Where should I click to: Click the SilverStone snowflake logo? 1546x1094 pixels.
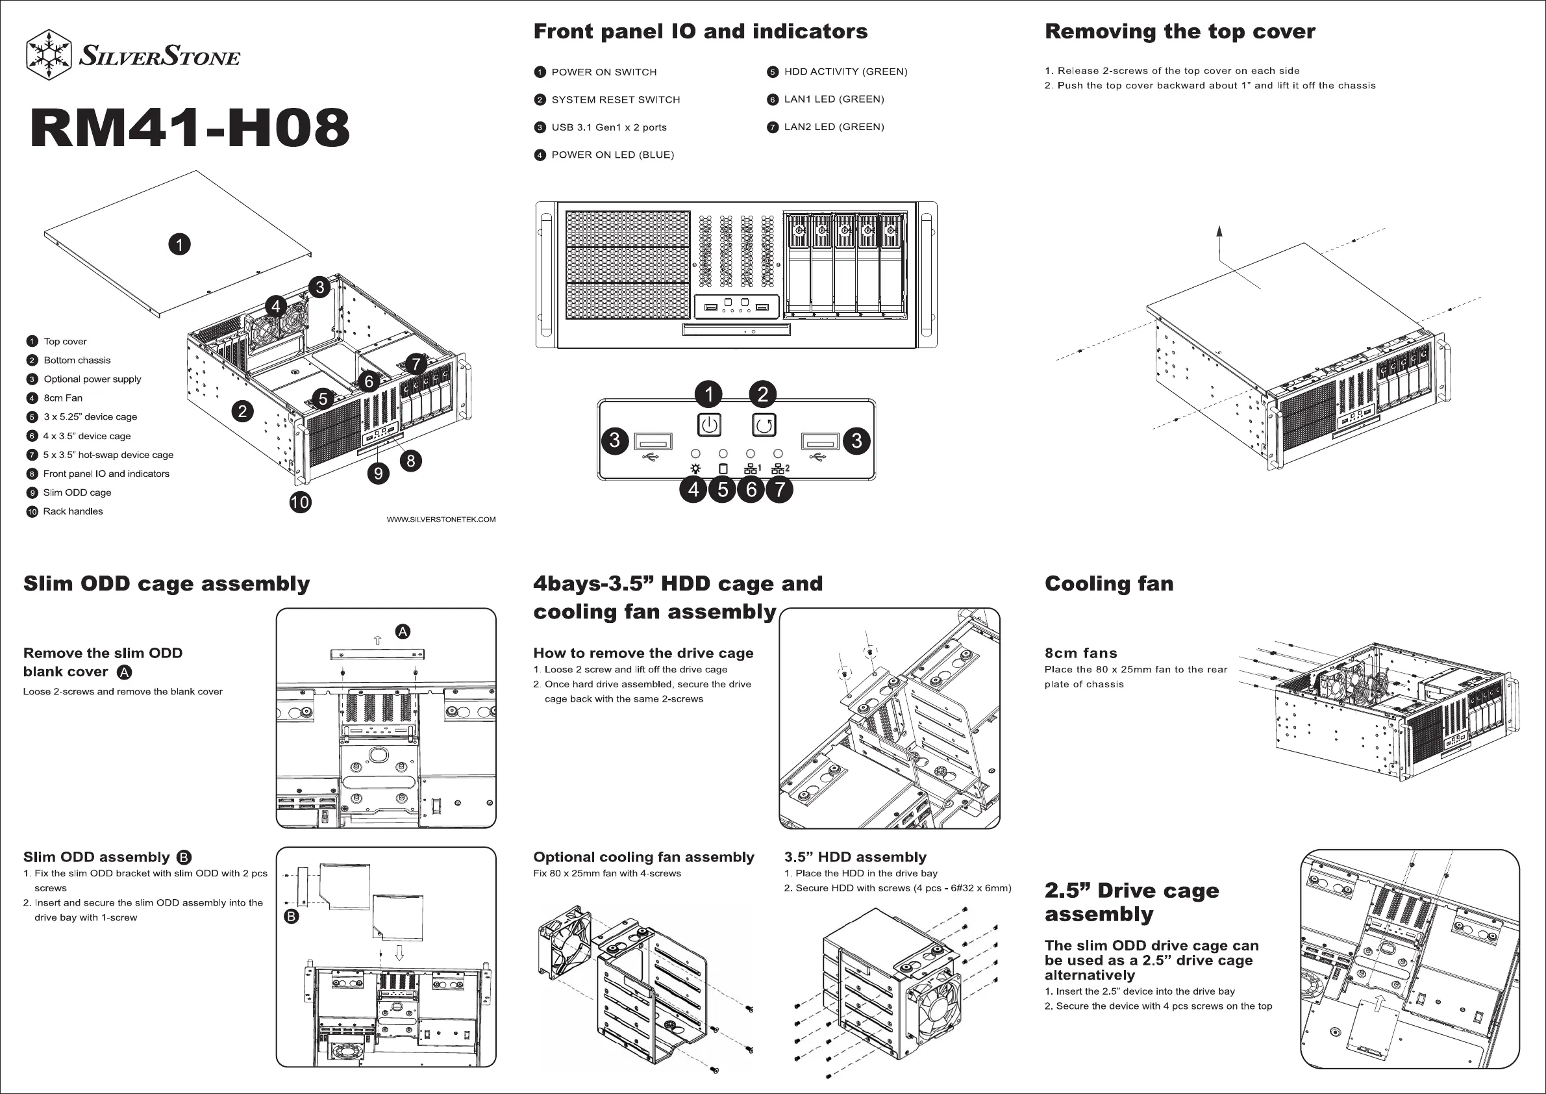pos(49,55)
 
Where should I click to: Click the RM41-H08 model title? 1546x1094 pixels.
pos(190,128)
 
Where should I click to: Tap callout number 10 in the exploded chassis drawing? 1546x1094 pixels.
pos(301,502)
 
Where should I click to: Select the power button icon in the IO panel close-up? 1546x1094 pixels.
pos(709,425)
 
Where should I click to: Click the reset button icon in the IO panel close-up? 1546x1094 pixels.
pos(763,425)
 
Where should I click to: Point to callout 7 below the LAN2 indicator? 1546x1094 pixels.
pos(780,489)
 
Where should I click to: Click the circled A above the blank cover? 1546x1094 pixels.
pos(403,631)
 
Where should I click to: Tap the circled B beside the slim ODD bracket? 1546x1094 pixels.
pos(292,916)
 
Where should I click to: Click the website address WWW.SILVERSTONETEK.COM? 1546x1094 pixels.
pos(441,519)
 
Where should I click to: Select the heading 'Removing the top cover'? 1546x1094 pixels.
pos(1180,32)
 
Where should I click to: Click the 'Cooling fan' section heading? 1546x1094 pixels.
pos(1109,583)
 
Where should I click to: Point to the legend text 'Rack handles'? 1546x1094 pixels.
pos(73,511)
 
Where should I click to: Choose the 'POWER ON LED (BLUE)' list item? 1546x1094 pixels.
pos(612,155)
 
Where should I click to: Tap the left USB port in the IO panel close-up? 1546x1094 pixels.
pos(653,442)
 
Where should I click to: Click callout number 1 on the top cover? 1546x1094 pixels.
pos(179,244)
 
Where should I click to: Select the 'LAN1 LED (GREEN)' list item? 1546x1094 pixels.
pos(834,99)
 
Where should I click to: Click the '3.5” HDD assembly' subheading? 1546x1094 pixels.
pos(855,857)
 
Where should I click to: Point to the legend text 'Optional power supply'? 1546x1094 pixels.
pos(92,379)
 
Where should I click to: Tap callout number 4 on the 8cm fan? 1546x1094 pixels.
pos(275,307)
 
